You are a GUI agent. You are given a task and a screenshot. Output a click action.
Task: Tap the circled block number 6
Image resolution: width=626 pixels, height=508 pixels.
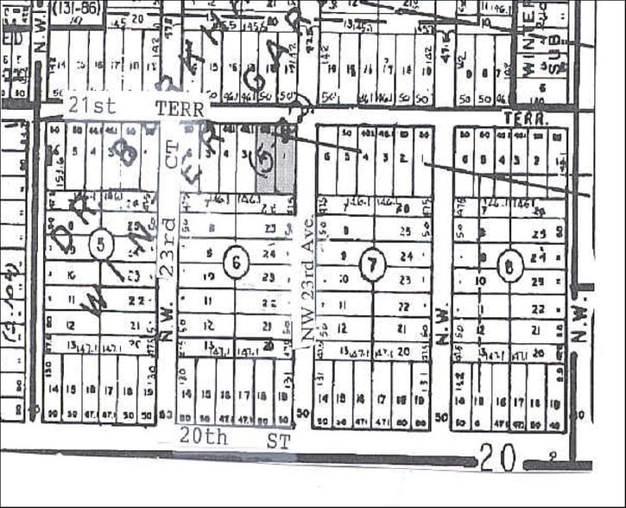[x=234, y=262]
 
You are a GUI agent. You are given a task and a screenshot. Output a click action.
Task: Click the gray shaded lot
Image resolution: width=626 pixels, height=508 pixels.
[x=275, y=160]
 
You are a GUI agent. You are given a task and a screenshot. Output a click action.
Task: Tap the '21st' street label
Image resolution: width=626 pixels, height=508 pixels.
[x=89, y=108]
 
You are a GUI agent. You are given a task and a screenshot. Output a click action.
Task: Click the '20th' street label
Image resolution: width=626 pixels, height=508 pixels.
[x=203, y=437]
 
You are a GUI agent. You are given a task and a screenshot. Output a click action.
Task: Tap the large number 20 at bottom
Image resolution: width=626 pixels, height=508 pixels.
[x=497, y=458]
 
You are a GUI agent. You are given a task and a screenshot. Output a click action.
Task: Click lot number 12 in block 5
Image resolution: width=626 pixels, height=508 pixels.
[x=72, y=326]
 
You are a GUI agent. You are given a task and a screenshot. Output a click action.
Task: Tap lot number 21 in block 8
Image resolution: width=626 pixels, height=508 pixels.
[x=541, y=330]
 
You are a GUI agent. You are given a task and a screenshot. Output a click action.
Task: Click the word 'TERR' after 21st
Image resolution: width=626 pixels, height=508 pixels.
[x=179, y=109]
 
